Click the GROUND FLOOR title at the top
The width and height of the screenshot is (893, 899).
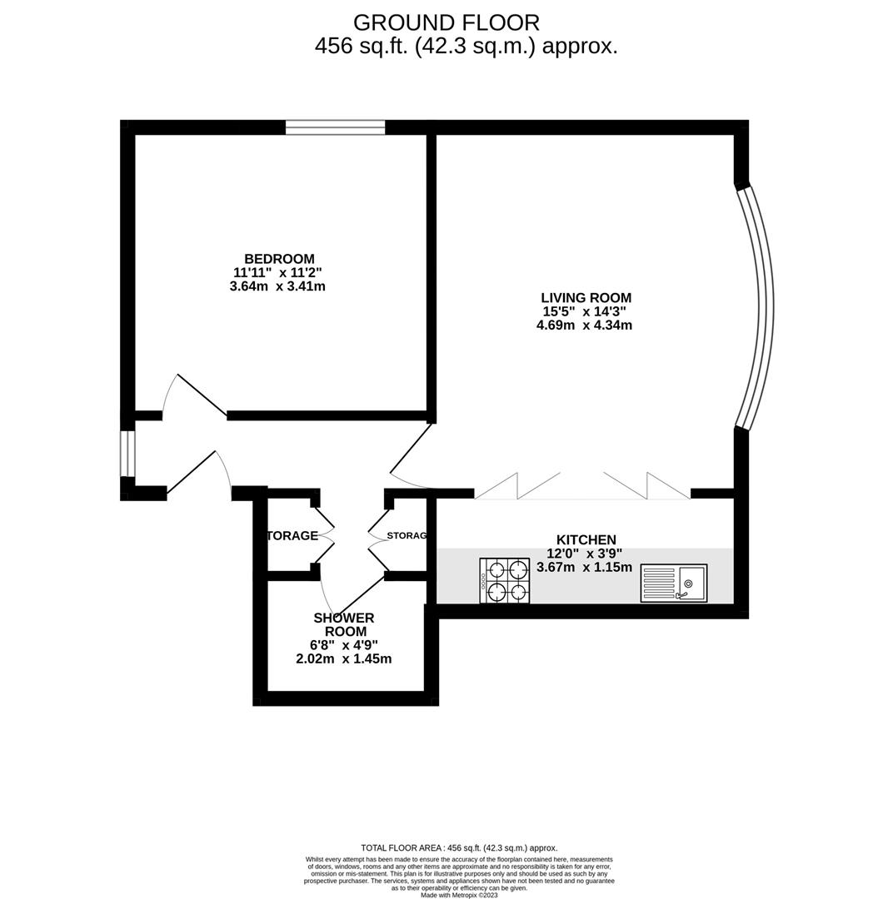(x=446, y=22)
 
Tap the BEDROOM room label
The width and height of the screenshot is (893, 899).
(x=279, y=259)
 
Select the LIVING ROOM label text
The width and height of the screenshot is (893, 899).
(x=586, y=298)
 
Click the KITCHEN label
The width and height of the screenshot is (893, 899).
(x=586, y=540)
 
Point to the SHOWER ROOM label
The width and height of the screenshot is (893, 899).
(x=343, y=624)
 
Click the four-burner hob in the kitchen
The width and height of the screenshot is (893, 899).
(x=505, y=580)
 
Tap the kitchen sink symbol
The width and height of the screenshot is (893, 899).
(x=674, y=583)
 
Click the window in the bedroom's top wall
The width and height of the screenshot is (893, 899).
(x=335, y=127)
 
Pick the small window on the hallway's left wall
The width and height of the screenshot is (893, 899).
(x=127, y=454)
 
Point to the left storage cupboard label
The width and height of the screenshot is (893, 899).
(x=292, y=536)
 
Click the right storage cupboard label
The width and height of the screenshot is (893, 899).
(x=407, y=536)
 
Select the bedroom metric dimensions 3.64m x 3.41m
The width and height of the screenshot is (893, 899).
(x=277, y=286)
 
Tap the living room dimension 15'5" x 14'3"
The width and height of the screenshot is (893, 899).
(x=584, y=311)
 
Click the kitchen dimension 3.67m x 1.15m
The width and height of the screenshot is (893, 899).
(x=584, y=568)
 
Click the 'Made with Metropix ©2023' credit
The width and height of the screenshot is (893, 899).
(x=459, y=895)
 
